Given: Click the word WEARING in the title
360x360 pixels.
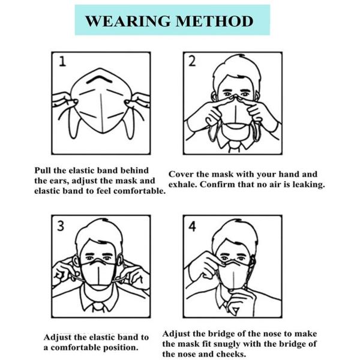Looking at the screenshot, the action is [128, 21].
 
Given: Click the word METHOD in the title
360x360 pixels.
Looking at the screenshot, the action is [214, 21].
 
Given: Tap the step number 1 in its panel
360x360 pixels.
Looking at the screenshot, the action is [62, 62].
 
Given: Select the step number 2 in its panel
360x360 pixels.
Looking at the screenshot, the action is [192, 61].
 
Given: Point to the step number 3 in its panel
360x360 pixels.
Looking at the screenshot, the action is [61, 226].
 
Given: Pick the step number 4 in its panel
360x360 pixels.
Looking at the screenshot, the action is [192, 226].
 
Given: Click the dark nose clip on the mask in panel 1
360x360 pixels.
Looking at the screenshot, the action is [100, 79].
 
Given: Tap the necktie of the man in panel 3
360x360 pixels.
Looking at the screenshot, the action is [99, 307].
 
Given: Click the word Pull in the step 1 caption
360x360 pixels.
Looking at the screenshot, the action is [43, 170].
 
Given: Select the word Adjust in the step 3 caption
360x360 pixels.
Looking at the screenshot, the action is [57, 338].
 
